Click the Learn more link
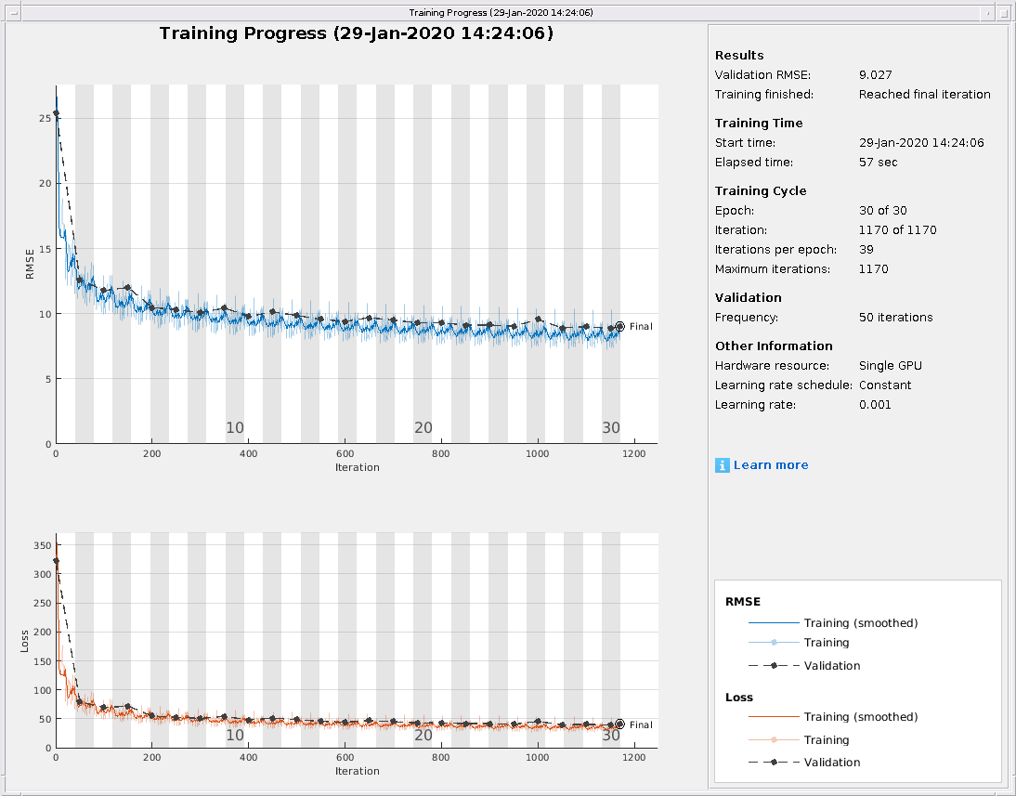click(x=770, y=465)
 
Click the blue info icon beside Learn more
click(x=723, y=465)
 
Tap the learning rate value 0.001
click(x=875, y=405)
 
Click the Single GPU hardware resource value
click(x=891, y=366)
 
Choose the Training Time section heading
click(x=759, y=124)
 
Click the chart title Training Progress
click(x=357, y=33)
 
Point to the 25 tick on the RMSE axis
click(x=45, y=118)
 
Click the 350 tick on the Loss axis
click(x=41, y=545)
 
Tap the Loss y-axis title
click(x=26, y=640)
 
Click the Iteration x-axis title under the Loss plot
click(x=357, y=771)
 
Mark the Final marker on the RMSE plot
click(x=620, y=326)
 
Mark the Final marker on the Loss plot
click(x=620, y=724)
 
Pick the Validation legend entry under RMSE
click(x=831, y=666)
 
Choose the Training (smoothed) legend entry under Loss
click(x=860, y=717)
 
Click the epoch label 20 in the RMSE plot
click(x=423, y=428)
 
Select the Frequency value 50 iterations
click(x=895, y=318)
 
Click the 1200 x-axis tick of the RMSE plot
click(x=633, y=453)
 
